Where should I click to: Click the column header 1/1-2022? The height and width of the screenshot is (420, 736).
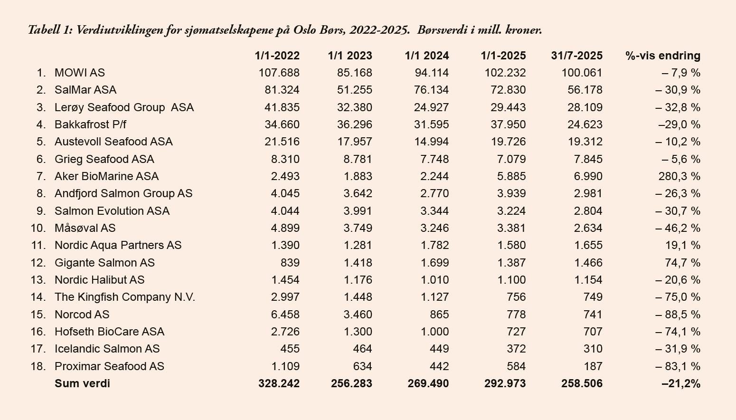click(x=277, y=56)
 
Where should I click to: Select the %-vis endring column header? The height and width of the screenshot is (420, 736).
click(x=662, y=56)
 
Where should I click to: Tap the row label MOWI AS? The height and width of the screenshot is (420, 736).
click(x=79, y=73)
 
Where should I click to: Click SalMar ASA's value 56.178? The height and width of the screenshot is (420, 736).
click(x=585, y=90)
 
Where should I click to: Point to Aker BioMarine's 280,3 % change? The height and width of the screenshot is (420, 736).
click(x=679, y=176)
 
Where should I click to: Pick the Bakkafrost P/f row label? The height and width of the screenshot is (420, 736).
click(x=90, y=124)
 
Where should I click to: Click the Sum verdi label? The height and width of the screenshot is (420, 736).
click(x=82, y=383)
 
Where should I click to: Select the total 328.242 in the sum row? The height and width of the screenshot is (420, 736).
click(x=279, y=383)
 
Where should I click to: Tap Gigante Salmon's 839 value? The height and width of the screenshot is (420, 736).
click(x=290, y=263)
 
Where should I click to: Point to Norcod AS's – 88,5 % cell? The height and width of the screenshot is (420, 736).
click(x=678, y=315)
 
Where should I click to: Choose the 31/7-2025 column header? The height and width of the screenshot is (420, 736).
click(x=576, y=56)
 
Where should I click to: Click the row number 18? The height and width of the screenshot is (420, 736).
click(x=38, y=366)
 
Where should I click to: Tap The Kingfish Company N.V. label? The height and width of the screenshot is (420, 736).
click(x=124, y=297)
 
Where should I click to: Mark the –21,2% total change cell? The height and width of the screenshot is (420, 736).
click(x=681, y=383)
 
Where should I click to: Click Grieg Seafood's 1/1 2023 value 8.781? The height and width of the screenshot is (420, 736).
click(x=358, y=159)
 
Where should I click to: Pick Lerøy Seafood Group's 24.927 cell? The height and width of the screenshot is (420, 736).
click(x=431, y=107)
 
